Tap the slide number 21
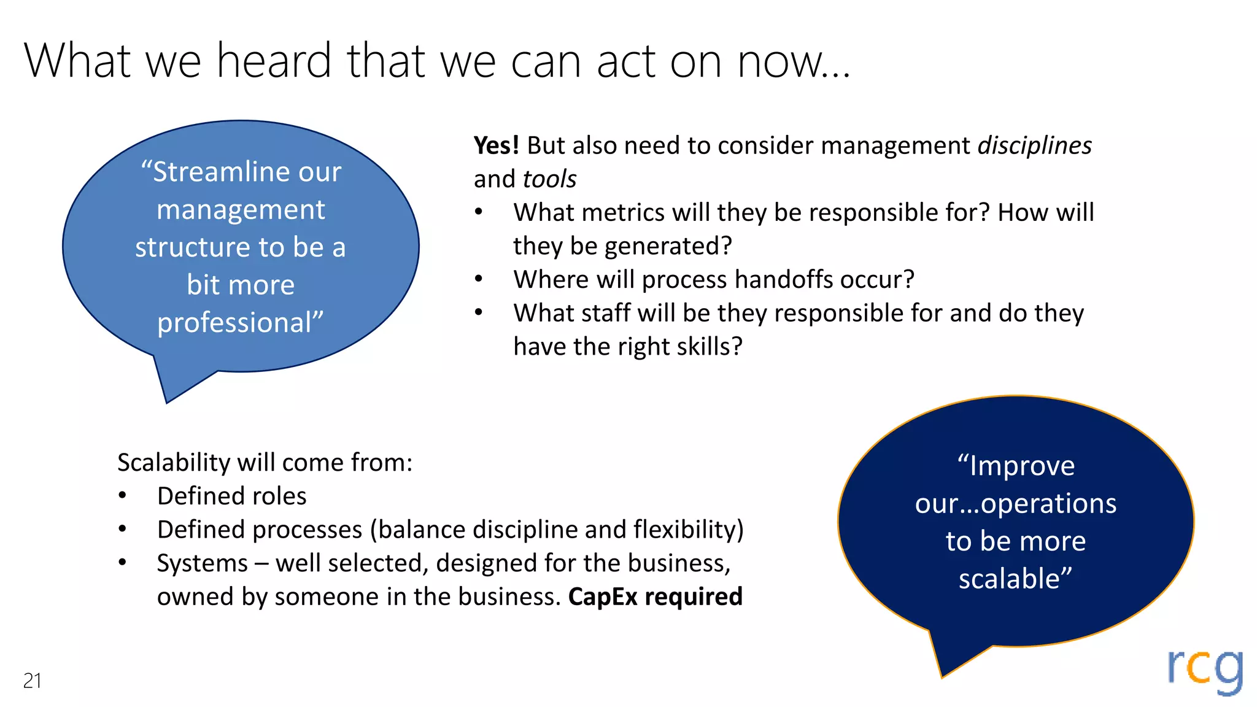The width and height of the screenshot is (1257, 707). [x=32, y=681]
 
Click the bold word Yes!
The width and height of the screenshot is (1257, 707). [x=496, y=145]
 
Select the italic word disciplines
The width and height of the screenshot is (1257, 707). [x=1034, y=145]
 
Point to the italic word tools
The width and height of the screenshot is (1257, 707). [x=549, y=179]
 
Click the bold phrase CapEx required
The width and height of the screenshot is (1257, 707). [x=655, y=597]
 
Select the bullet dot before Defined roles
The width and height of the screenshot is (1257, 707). [x=123, y=495]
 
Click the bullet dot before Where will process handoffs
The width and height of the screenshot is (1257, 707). [x=479, y=279]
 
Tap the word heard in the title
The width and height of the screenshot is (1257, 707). [x=274, y=61]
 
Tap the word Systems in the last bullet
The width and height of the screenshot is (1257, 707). [x=202, y=563]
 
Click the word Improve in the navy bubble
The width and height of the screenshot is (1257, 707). [x=1022, y=466]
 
